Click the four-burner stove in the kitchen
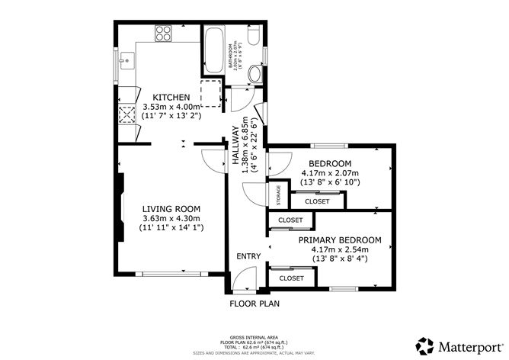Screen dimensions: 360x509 tap(164, 33)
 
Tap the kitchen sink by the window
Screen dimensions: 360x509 tap(126, 59)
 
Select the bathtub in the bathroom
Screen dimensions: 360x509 tap(213, 50)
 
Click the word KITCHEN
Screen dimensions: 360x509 tap(171, 98)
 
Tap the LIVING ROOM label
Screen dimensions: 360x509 tap(172, 208)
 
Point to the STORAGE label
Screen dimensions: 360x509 tap(279, 196)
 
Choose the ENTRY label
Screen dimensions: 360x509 tap(248, 256)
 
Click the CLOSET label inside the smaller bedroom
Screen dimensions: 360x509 tap(317, 201)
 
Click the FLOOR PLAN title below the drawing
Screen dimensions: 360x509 tap(254, 304)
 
